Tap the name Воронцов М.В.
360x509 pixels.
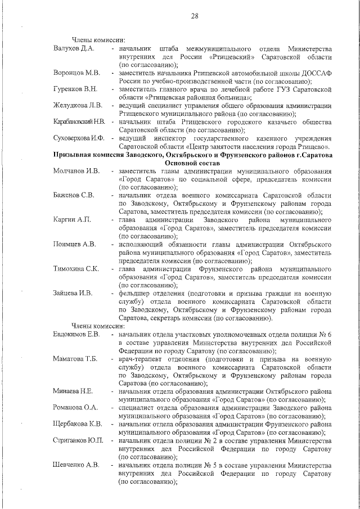click(x=76, y=73)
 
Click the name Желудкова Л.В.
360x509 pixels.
click(x=77, y=105)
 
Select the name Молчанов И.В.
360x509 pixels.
click(x=76, y=171)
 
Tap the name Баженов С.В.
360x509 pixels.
click(x=74, y=195)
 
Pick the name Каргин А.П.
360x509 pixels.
click(x=72, y=219)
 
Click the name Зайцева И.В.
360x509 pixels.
click(x=73, y=293)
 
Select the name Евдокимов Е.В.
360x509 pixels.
click(x=76, y=334)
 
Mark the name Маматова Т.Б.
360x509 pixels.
click(x=75, y=359)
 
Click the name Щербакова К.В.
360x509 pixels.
click(x=77, y=424)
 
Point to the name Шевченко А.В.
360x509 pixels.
click(x=76, y=465)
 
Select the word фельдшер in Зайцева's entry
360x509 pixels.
click(x=136, y=293)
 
